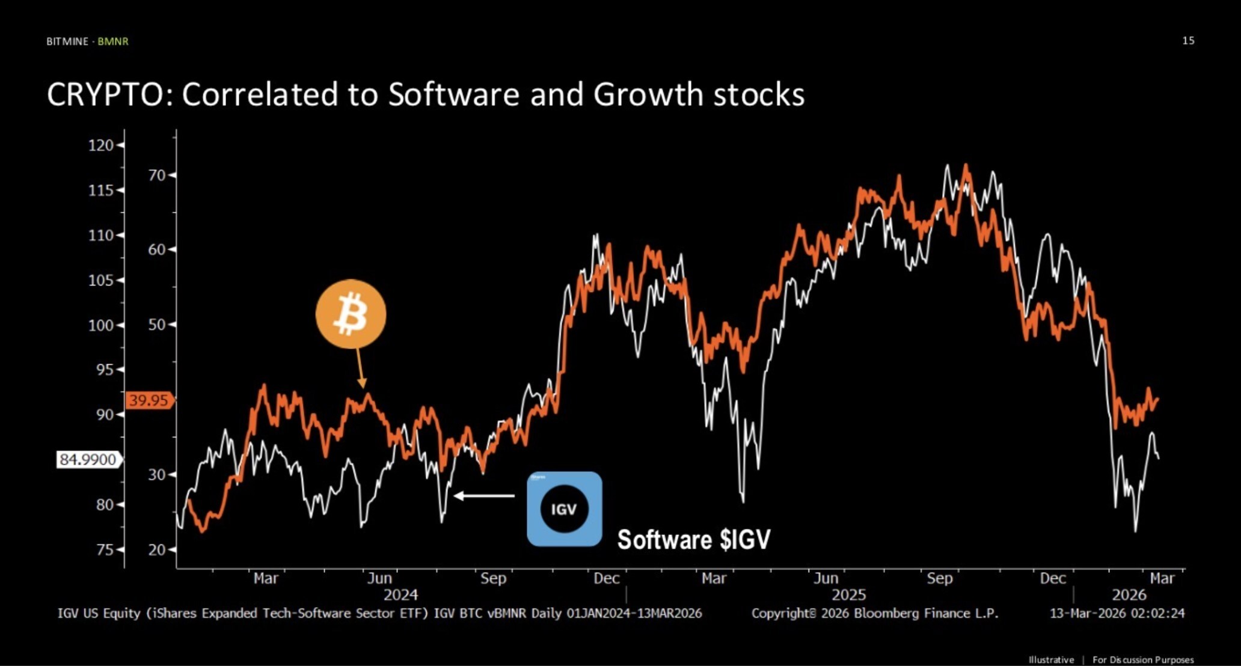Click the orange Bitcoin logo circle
click(351, 314)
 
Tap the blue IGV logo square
click(564, 509)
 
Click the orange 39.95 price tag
click(149, 400)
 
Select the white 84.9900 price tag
click(88, 460)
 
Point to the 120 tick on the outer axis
click(101, 145)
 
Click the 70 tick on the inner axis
click(157, 175)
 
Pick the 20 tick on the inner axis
click(157, 549)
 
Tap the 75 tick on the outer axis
click(105, 549)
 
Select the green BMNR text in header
click(113, 41)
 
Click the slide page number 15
click(1188, 40)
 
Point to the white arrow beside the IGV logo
click(484, 496)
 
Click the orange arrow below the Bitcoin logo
click(360, 368)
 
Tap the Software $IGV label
click(693, 539)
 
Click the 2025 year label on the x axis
click(848, 594)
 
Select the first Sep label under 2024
click(493, 578)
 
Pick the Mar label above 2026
click(1162, 578)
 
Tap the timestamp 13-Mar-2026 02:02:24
click(1117, 613)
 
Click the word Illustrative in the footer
click(1051, 659)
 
